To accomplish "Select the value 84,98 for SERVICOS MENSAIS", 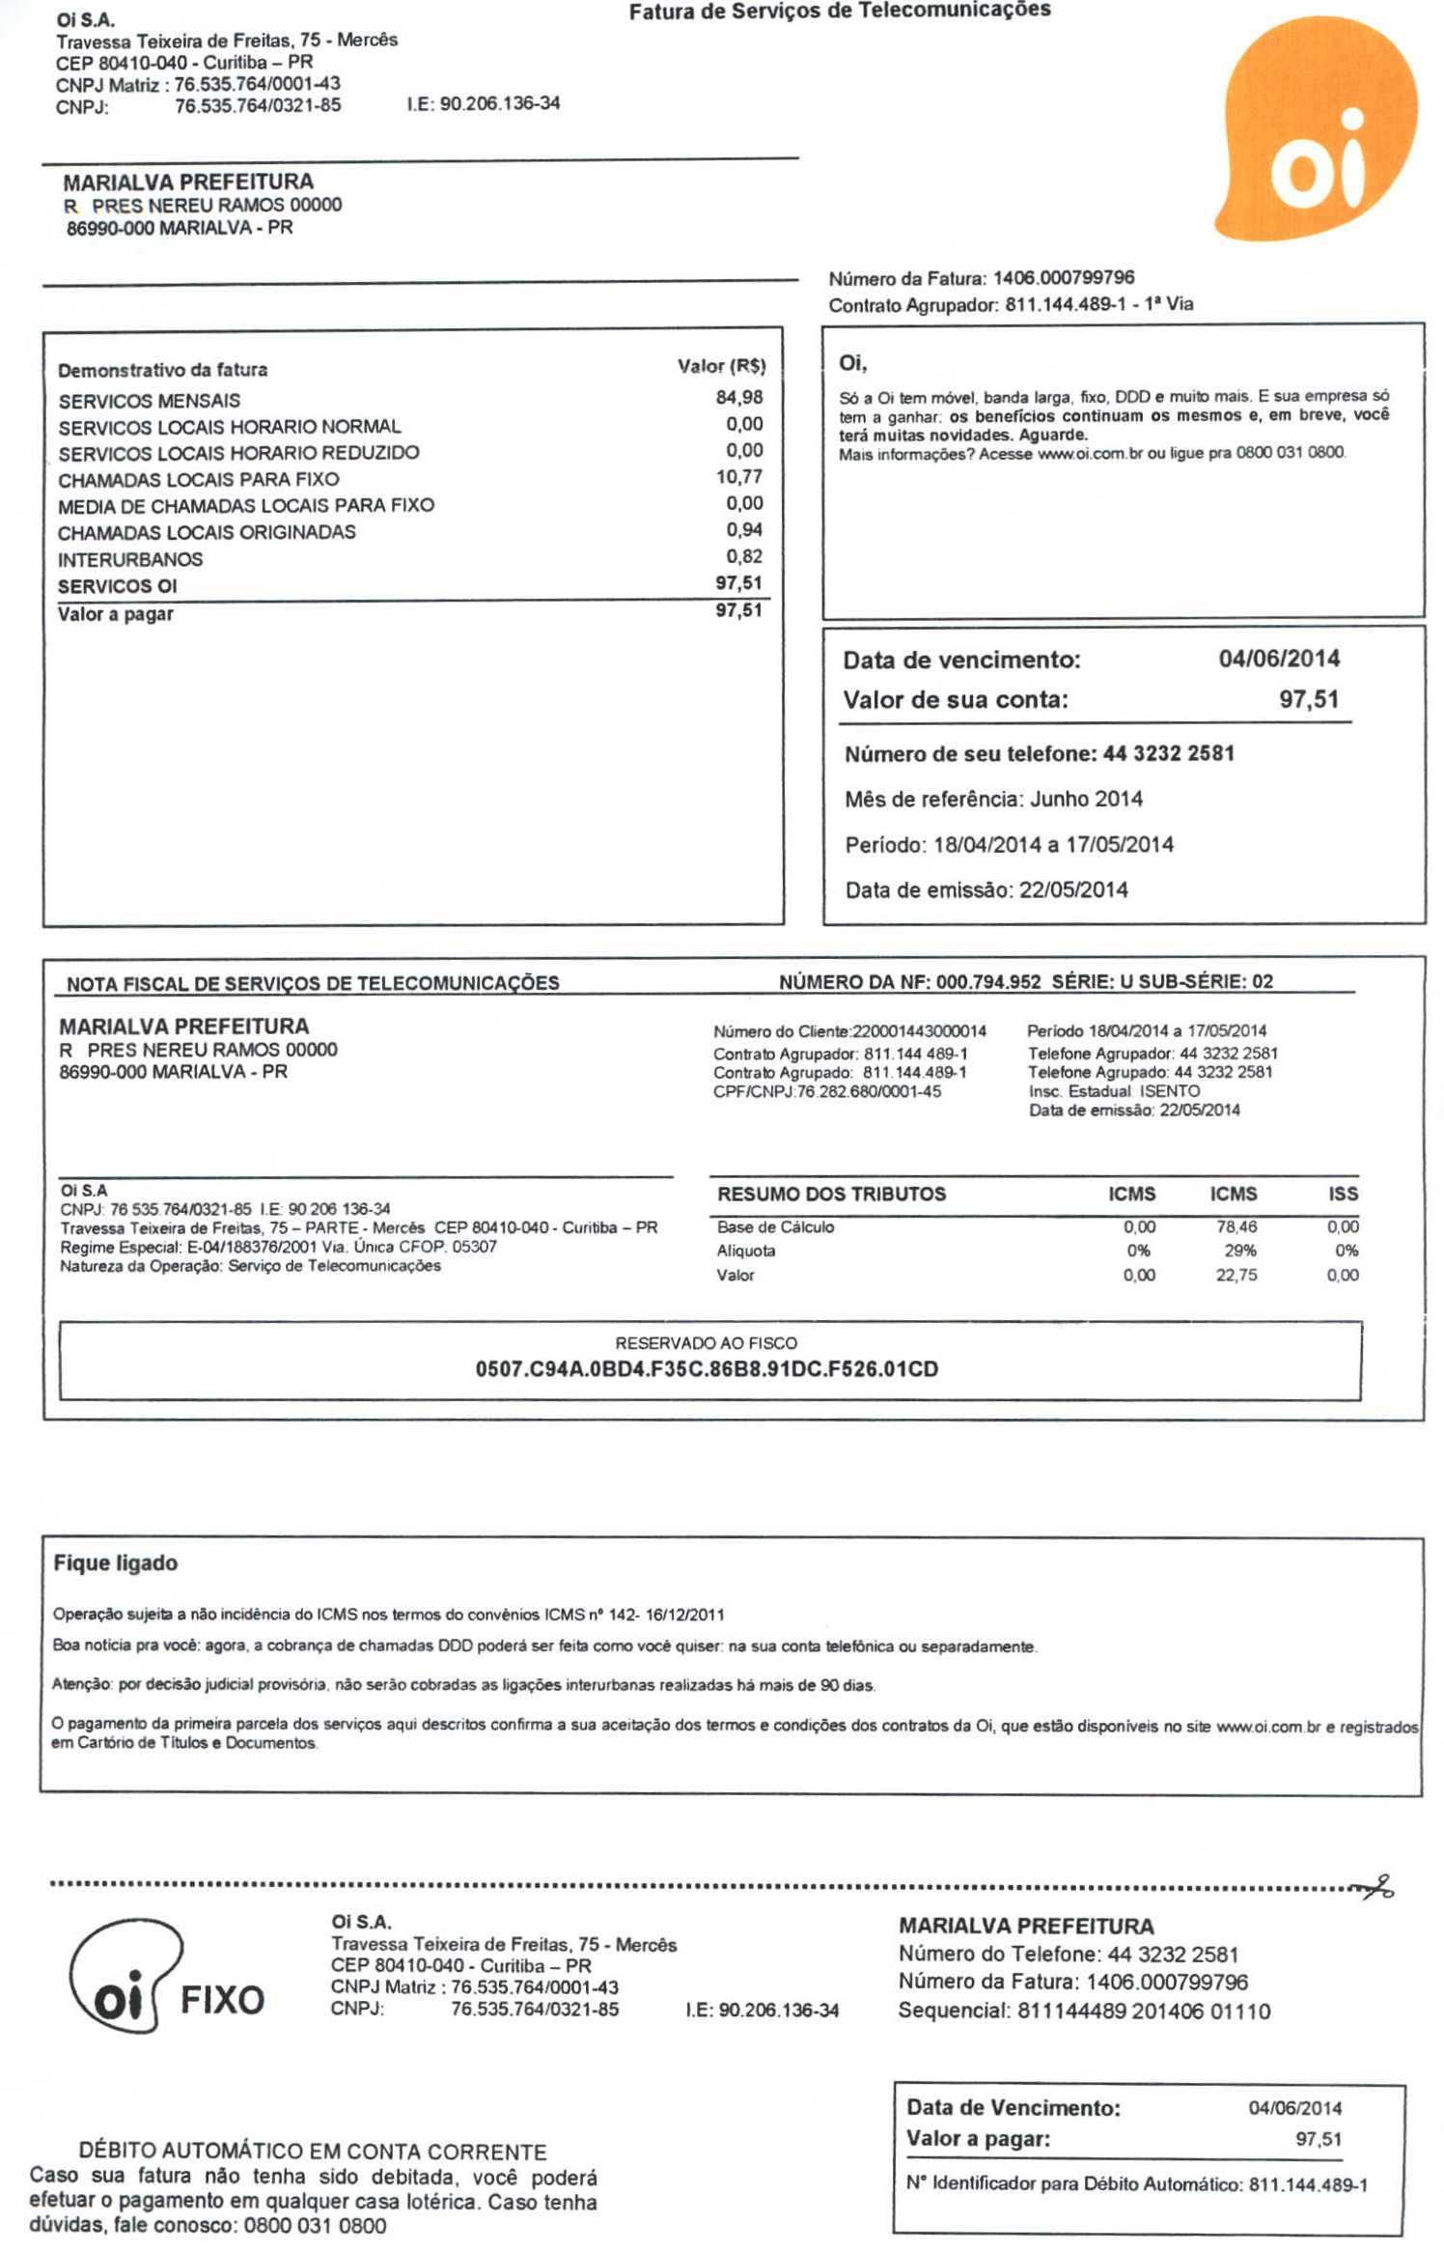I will [x=738, y=397].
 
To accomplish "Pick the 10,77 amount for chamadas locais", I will [x=738, y=476].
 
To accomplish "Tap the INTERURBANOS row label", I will [x=130, y=559].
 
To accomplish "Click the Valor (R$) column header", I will [x=721, y=366].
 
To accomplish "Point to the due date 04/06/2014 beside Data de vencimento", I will [x=1278, y=659].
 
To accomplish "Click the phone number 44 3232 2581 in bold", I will [x=1168, y=753].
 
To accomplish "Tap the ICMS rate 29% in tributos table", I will [x=1239, y=1251].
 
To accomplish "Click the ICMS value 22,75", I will [x=1236, y=1275].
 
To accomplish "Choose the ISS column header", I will [x=1343, y=1194].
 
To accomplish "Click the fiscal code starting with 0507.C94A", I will [x=707, y=1369].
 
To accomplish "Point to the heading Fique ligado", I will [x=116, y=1562].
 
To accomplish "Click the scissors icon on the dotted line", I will [x=1375, y=1887].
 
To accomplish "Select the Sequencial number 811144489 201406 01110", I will [x=1143, y=2011].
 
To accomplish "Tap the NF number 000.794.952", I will [x=987, y=982].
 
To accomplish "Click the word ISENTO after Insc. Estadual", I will [x=1170, y=1091].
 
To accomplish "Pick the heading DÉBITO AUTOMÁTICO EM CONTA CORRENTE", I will [x=313, y=2152].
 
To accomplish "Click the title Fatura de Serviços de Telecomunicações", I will [x=840, y=11].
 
